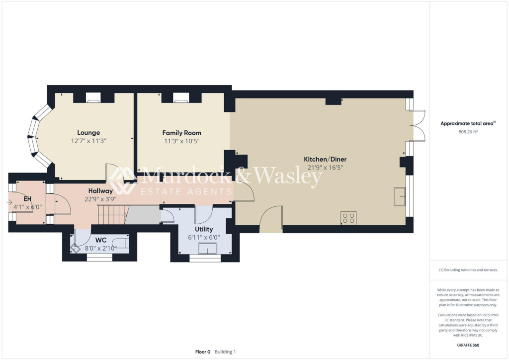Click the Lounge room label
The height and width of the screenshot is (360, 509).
coord(88,132)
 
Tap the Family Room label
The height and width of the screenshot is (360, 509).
coord(181,133)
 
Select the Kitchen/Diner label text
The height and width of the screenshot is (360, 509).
coord(325,159)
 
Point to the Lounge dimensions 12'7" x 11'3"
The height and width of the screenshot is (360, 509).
coord(88,141)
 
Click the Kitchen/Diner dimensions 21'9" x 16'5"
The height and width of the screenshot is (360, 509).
coord(325,168)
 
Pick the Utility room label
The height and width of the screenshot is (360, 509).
coord(204,229)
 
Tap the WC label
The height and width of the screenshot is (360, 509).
coord(101,240)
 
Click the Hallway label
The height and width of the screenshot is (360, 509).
coord(100,190)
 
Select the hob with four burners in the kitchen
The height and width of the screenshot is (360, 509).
coord(348,217)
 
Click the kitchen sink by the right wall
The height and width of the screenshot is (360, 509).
coord(399,196)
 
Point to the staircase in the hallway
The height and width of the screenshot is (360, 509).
coord(112,215)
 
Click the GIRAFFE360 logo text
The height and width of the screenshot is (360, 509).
coord(469,345)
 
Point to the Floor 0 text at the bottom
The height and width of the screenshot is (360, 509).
coord(202,352)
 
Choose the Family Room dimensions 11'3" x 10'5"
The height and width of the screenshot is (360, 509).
coord(181,141)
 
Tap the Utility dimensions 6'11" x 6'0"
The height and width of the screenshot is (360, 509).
coord(204,238)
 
